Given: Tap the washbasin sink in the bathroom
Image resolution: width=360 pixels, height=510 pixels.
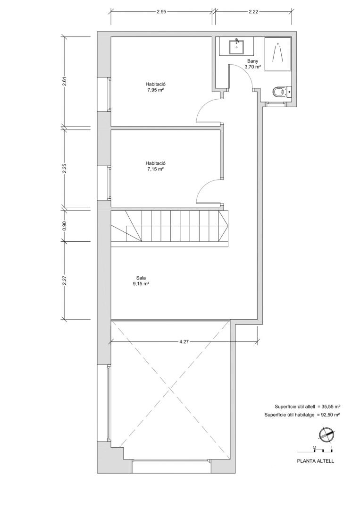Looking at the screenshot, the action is tap(236, 46).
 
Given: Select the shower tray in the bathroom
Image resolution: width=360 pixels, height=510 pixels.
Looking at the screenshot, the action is tap(278, 53).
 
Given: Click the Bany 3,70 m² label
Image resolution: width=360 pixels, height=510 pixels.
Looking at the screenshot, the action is tap(253, 64).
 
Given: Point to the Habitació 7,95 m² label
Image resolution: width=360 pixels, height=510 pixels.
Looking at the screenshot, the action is tap(156, 87).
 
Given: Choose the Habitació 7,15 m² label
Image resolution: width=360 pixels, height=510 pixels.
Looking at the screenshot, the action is tap(156, 166).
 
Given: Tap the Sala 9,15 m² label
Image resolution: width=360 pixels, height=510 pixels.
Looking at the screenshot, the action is tap(141, 280).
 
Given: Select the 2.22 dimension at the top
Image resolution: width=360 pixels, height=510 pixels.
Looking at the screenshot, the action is tap(253, 12).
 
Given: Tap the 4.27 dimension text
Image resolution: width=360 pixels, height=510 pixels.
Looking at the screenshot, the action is tap(184, 342).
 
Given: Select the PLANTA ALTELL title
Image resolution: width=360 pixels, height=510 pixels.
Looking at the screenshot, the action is tap(316, 461).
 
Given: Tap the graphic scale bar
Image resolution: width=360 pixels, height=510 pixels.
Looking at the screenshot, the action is tap(315, 450).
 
